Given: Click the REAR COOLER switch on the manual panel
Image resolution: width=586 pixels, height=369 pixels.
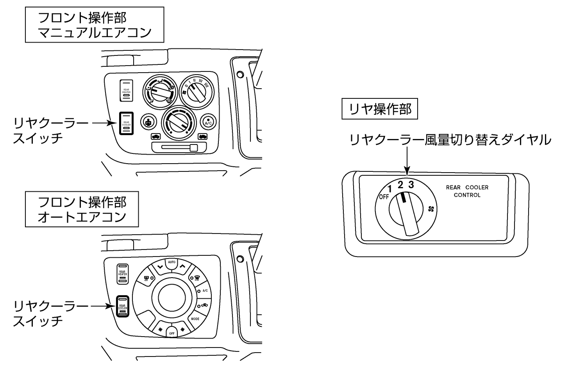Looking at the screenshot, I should (x=126, y=123).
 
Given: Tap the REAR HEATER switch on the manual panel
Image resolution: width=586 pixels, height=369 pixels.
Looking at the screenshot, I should (x=126, y=90).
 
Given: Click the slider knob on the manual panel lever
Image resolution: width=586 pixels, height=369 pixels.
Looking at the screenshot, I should (x=193, y=147).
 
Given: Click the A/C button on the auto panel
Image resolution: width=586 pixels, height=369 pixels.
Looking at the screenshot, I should (x=204, y=291).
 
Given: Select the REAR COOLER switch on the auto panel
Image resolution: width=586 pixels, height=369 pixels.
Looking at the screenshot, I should (x=123, y=307).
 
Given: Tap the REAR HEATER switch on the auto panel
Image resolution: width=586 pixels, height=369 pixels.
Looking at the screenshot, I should (x=123, y=273).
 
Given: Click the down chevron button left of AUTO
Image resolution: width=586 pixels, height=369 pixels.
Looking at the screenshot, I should (x=159, y=267).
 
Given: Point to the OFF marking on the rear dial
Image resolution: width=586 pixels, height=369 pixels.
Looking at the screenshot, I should (x=384, y=196).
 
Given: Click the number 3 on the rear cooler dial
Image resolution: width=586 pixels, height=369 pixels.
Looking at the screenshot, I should (x=411, y=184).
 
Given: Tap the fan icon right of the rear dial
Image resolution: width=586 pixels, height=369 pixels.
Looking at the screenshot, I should (x=431, y=209).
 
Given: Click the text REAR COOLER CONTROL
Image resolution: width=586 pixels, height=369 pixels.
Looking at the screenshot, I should (x=467, y=191).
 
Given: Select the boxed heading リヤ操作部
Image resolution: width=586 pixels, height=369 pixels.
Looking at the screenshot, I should (x=380, y=109).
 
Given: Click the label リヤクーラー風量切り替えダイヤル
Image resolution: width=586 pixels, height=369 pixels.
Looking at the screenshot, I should (x=450, y=139).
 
